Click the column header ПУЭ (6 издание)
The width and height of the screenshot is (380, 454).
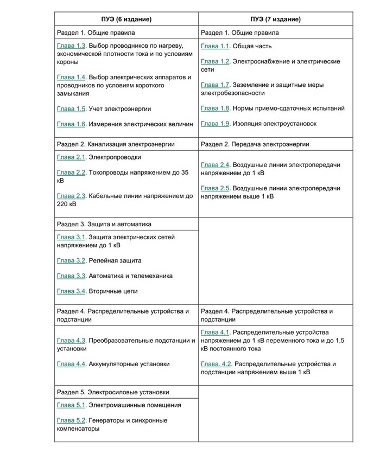pyautogui.click(x=126, y=19)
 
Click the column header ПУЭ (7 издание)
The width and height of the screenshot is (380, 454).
pyautogui.click(x=275, y=19)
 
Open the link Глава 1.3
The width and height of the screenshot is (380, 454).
pyautogui.click(x=71, y=47)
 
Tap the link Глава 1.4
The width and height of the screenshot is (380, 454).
pyautogui.click(x=71, y=78)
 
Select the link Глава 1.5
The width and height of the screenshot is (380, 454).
pyautogui.click(x=71, y=108)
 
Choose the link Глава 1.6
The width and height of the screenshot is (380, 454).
pyautogui.click(x=71, y=124)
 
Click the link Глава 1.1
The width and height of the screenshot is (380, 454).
pyautogui.click(x=216, y=47)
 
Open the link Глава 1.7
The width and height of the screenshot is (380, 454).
pyautogui.click(x=216, y=85)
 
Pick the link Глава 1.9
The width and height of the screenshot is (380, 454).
pyautogui.click(x=216, y=124)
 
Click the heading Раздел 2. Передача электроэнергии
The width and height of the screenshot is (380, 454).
pyautogui.click(x=255, y=144)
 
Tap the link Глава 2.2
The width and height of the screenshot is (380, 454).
pyautogui.click(x=71, y=172)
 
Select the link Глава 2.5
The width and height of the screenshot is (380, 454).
pyautogui.click(x=216, y=188)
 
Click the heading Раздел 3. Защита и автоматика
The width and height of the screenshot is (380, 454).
pyautogui.click(x=104, y=223)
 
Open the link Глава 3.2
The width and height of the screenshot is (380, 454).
pyautogui.click(x=71, y=260)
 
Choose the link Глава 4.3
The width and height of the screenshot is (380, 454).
pyautogui.click(x=71, y=341)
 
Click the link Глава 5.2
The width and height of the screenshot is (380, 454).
pyautogui.click(x=71, y=420)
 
